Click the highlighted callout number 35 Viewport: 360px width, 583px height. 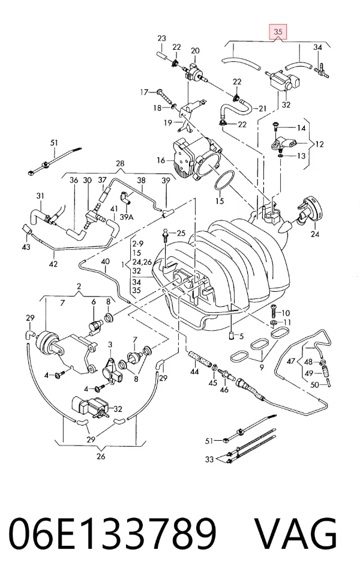coord(278,32)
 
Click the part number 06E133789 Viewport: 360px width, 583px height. coord(112,533)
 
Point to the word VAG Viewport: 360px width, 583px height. coord(296,533)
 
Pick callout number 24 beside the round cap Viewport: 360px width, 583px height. coord(314,234)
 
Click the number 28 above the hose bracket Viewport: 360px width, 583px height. coord(120,163)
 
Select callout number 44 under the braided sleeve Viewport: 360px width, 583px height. coord(194,372)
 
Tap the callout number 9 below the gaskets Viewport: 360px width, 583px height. coord(262,367)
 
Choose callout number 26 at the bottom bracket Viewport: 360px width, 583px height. coord(101,456)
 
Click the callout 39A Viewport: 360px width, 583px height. coord(127,217)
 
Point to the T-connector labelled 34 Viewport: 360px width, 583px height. coord(322,70)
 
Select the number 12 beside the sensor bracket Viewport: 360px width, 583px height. coord(319,144)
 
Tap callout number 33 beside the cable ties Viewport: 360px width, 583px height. coord(209,459)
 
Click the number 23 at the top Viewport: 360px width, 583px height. coord(161,38)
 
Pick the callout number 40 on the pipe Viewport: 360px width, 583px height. coord(105,261)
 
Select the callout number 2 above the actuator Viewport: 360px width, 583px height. coord(79,286)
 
